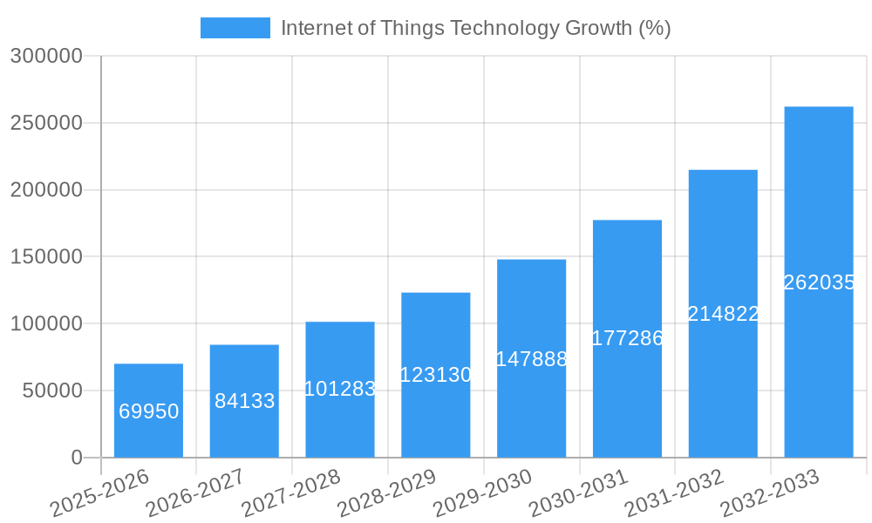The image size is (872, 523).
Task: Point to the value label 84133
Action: (244, 401)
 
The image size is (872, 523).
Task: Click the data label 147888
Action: (531, 359)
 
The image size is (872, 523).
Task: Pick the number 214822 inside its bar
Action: (723, 314)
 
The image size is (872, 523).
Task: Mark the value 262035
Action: (818, 282)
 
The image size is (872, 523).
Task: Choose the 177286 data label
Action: (627, 338)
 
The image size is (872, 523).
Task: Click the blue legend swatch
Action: (235, 28)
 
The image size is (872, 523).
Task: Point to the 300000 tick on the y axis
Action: (45, 57)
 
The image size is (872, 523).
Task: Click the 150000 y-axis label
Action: (45, 257)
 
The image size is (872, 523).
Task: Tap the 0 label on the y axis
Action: (77, 458)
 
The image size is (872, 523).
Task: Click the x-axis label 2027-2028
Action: (290, 493)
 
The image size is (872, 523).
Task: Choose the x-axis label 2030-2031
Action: (578, 493)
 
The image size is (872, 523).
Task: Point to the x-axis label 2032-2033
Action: (770, 493)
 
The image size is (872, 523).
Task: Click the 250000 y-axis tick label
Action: (45, 123)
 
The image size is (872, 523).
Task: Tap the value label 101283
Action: (340, 389)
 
